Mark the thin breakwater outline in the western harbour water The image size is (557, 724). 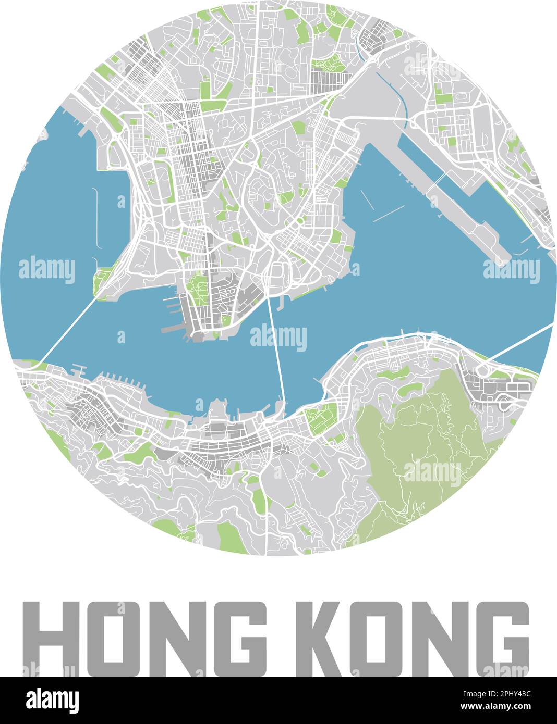point(96,219)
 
